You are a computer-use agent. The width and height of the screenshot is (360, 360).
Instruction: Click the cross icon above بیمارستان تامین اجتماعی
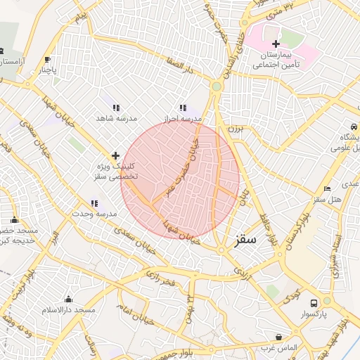[x=276, y=44]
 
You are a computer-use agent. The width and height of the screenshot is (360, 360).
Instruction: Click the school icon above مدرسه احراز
[x=184, y=108]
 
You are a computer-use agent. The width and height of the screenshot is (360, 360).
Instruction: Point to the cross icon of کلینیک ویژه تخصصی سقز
[x=115, y=155]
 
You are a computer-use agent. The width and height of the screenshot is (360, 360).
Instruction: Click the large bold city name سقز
[x=243, y=240]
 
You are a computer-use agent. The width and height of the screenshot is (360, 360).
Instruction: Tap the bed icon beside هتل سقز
[x=326, y=188]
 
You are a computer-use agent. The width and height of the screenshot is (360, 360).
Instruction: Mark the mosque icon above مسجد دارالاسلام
[x=68, y=300]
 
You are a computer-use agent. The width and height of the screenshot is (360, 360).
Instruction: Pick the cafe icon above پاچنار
[x=47, y=60]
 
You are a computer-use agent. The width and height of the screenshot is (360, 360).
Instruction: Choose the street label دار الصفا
[x=179, y=70]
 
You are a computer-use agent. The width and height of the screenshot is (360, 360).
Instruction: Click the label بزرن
[x=233, y=130]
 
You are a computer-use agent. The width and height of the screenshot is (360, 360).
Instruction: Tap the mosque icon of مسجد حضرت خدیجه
[x=15, y=219]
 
